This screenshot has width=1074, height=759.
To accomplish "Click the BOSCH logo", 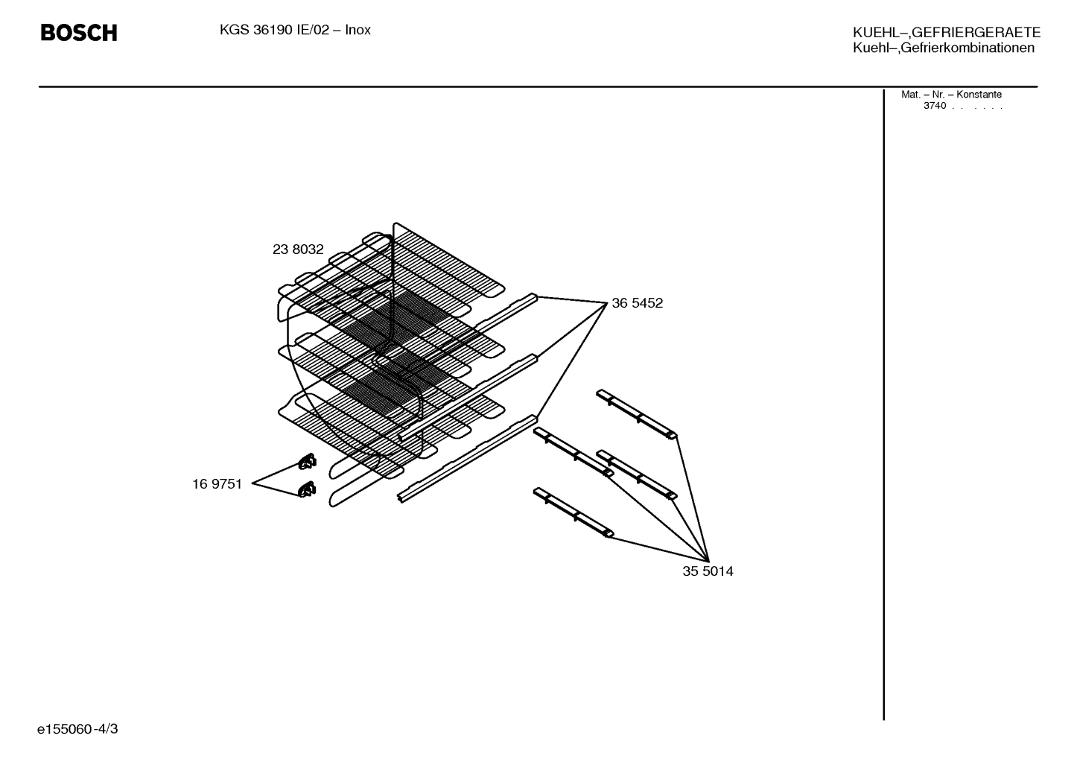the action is [79, 33].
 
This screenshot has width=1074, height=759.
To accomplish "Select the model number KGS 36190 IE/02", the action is [274, 31].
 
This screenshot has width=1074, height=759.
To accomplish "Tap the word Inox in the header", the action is [358, 31].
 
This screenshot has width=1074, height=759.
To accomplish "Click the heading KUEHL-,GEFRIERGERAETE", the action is [947, 33].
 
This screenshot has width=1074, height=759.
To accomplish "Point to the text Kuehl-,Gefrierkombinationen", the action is [943, 48].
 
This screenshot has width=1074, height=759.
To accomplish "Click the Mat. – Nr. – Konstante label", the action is [951, 95].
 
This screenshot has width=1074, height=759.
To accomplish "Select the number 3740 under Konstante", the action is [935, 106].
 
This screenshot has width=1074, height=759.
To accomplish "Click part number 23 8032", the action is [298, 250].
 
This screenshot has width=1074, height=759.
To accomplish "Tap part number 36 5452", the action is [638, 303].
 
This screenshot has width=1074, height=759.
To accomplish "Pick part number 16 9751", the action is [217, 484].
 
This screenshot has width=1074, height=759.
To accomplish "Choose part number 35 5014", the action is [708, 571].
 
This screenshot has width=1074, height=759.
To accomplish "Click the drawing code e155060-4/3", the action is [77, 729].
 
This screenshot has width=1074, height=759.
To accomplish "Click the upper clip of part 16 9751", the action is [307, 461].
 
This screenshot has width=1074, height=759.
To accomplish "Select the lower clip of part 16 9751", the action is [307, 489].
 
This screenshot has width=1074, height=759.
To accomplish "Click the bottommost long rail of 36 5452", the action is [468, 459].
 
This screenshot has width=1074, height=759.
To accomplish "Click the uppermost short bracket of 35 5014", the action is [637, 414].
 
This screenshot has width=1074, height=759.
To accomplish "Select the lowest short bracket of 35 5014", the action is [573, 512].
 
